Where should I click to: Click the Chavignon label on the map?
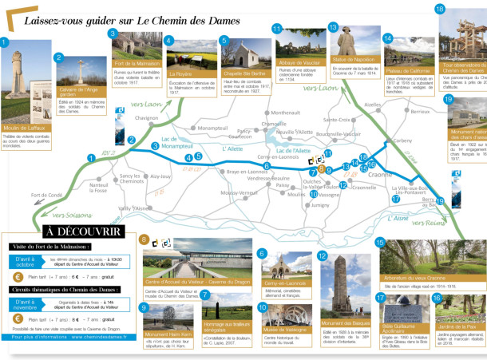click(x=146, y=117)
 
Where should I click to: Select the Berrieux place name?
click(x=420, y=112)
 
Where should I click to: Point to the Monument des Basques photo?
click(x=339, y=283)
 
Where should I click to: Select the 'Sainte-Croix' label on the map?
click(x=337, y=120)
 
